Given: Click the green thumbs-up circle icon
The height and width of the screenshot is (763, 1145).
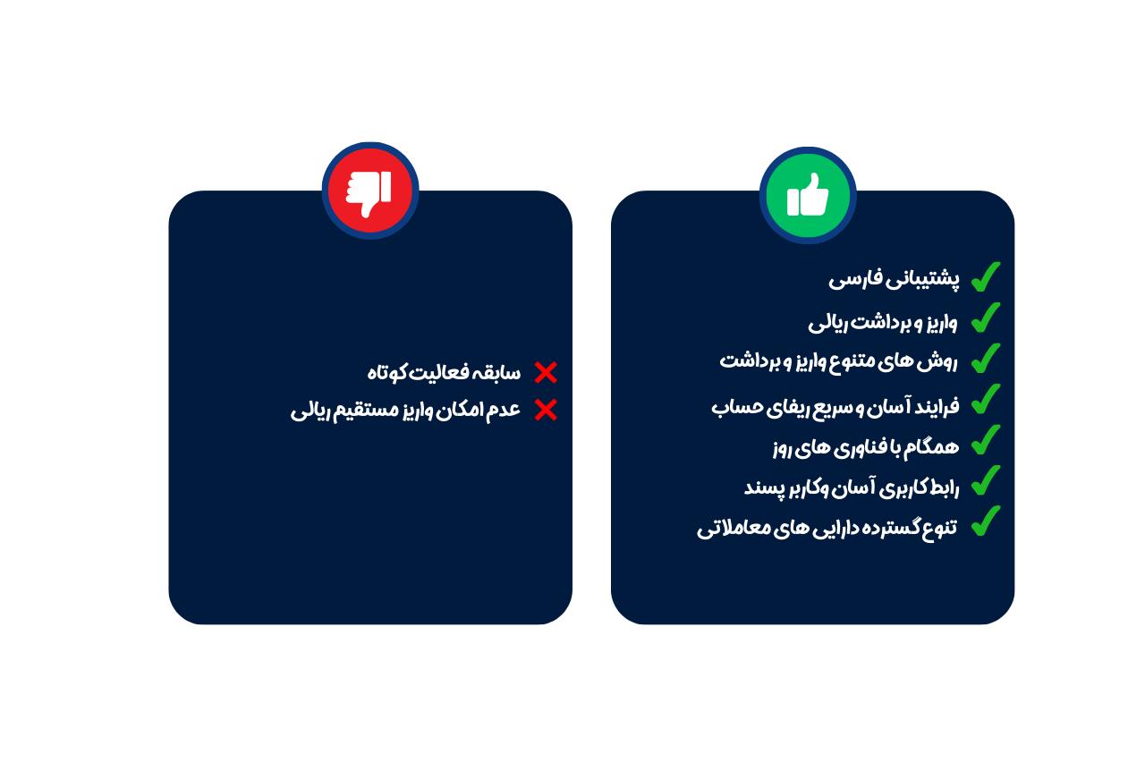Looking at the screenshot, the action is point(808,195).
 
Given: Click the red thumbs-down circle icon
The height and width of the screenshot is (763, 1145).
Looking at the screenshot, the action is point(370,191).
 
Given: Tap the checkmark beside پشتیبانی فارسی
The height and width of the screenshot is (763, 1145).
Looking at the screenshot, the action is point(986,277).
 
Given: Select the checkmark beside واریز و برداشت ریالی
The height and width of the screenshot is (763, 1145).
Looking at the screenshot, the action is point(986,318).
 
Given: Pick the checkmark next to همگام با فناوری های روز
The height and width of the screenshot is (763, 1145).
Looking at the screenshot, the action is point(986,439).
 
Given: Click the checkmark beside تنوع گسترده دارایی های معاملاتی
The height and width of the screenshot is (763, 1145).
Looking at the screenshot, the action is point(986,521).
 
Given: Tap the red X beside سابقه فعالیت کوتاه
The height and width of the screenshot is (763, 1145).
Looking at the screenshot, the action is point(546,373).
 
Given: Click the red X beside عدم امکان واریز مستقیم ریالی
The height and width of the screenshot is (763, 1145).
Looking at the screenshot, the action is point(546,411).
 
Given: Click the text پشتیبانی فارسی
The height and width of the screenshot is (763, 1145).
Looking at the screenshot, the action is point(894,279).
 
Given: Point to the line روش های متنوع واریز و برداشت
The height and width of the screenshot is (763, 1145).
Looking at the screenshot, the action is point(838,361).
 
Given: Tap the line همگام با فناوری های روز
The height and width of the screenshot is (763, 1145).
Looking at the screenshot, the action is point(866,447).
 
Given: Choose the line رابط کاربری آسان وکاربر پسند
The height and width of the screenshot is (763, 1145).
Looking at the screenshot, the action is point(852,487).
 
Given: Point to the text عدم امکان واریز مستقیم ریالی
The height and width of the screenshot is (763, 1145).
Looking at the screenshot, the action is point(405,411).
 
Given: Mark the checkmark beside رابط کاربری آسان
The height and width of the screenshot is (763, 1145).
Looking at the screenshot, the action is point(986,480).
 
